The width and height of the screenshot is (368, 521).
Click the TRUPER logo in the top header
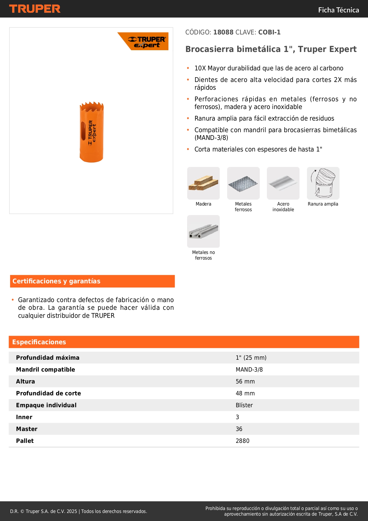35,9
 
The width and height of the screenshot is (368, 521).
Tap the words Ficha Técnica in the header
338,10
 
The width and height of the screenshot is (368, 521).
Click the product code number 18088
223,32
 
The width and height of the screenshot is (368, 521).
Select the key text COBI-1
269,32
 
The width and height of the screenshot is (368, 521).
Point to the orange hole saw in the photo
92,132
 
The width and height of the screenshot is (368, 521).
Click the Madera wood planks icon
203,183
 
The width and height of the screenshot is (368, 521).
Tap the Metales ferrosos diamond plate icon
243,183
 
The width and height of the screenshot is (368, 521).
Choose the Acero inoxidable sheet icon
283,183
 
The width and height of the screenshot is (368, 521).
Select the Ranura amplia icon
323,183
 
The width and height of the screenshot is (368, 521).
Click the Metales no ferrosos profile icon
203,231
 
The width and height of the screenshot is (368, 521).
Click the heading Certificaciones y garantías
56,281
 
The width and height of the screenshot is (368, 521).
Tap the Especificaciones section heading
39,342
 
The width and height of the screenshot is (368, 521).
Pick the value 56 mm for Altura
245,381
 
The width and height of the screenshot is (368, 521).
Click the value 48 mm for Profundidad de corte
245,393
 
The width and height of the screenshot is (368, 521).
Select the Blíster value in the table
244,405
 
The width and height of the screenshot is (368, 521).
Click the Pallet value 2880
243,441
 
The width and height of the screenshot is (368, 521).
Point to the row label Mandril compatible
45,370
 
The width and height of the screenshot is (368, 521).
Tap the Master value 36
239,429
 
